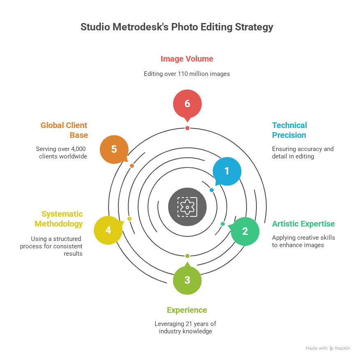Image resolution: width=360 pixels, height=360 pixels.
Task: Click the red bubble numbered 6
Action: click(x=187, y=103)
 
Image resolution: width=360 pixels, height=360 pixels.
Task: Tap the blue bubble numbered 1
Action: click(x=226, y=171)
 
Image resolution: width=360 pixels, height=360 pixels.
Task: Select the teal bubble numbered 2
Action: click(x=245, y=231)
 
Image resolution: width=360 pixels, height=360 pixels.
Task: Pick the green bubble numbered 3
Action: click(x=187, y=280)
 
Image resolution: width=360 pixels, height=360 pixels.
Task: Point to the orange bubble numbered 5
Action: click(x=114, y=149)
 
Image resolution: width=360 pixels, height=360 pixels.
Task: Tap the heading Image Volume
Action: click(x=187, y=59)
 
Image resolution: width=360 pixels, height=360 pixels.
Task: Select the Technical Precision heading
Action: click(x=289, y=130)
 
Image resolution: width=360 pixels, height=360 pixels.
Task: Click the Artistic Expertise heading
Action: click(x=303, y=224)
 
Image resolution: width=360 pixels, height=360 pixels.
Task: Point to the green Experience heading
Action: click(x=187, y=310)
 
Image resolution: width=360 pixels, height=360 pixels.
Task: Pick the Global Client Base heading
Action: click(x=64, y=130)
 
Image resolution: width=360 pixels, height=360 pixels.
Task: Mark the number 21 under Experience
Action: click(x=189, y=323)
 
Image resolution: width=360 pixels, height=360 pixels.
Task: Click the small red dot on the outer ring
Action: click(x=187, y=128)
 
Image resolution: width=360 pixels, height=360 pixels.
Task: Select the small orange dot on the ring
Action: click(x=132, y=166)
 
